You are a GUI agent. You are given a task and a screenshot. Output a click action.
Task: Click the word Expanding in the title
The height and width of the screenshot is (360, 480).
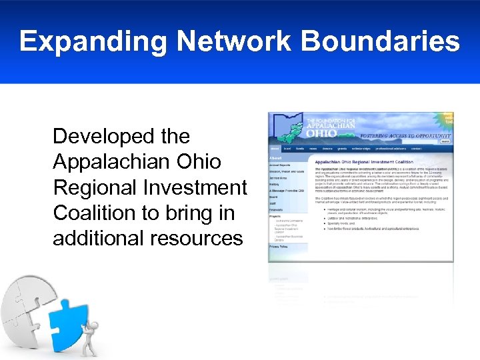coord(93,42)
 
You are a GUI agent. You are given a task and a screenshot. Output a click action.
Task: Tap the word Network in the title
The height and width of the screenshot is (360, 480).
coord(235,41)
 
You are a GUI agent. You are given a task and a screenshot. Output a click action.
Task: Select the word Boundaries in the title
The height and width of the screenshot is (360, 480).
coord(381,41)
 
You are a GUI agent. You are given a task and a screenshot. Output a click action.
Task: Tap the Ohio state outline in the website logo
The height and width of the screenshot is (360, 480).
coord(293,130)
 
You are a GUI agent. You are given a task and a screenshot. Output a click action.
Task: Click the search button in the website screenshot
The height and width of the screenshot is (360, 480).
coord(445,141)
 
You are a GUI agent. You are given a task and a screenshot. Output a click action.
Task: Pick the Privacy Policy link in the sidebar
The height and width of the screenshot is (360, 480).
coord(279,247)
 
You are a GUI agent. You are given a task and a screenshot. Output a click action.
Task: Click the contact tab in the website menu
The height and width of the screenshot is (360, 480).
coord(417,149)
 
